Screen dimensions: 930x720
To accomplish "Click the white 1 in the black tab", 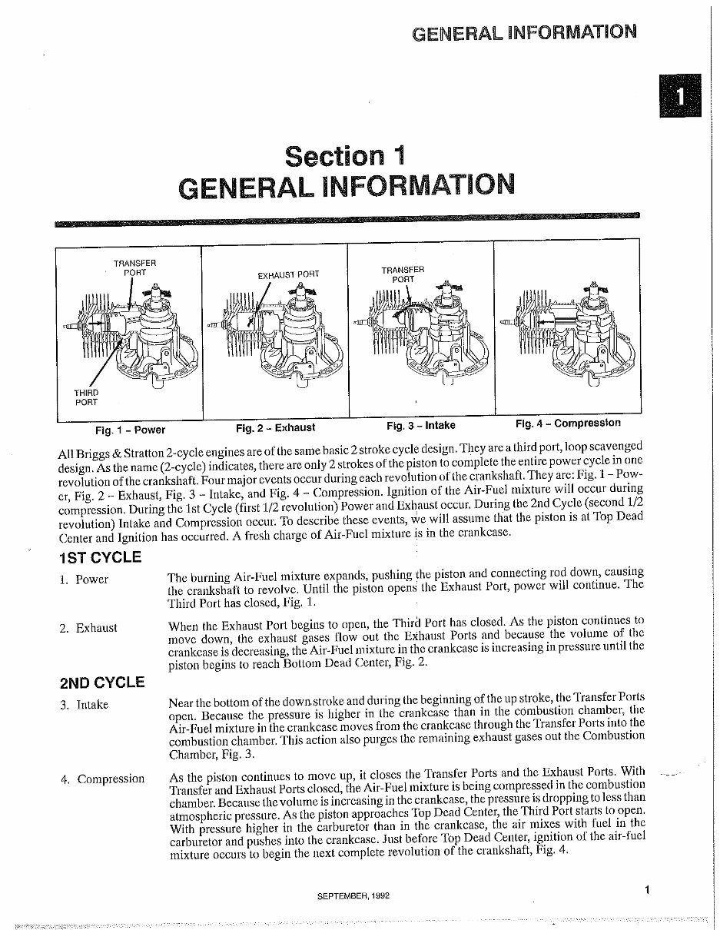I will (x=679, y=96).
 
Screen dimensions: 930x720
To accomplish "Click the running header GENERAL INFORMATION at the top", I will (x=524, y=32).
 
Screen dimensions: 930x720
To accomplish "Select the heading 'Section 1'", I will (x=343, y=155).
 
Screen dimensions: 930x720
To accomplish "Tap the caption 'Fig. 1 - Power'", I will (x=130, y=429).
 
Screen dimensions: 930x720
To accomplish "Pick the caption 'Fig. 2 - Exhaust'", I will (x=275, y=427).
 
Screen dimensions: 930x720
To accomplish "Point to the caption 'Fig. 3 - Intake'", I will (x=420, y=425).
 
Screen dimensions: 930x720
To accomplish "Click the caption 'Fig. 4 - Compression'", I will (x=568, y=423).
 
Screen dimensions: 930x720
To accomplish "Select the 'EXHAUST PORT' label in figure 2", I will (x=288, y=274).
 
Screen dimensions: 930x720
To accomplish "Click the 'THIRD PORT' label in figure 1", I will (x=86, y=397).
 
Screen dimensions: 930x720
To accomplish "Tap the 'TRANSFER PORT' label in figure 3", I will (x=402, y=274).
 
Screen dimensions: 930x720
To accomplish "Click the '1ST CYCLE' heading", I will (x=100, y=558).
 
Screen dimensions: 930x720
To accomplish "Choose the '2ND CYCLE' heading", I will (x=101, y=682).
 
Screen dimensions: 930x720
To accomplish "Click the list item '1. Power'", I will (x=85, y=580).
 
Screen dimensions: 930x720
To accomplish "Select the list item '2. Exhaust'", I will (x=88, y=629).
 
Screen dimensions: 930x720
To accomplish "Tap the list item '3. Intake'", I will (x=85, y=705).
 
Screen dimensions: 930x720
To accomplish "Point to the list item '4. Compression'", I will (x=102, y=779).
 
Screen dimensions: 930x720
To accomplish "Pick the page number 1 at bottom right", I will (x=647, y=891).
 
